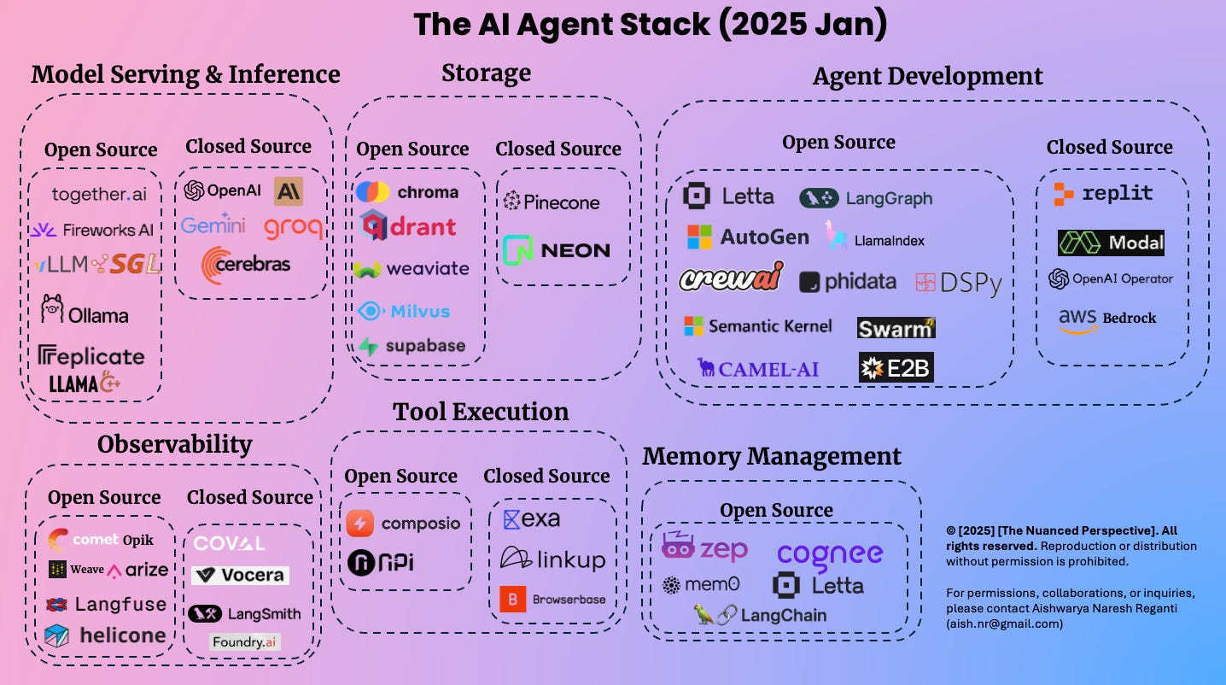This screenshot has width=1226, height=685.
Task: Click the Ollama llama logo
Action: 52,308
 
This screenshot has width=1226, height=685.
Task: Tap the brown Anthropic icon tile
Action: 288,191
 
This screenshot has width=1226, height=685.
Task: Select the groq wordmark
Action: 293,227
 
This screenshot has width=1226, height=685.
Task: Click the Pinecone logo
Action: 551,202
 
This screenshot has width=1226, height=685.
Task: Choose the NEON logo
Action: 556,250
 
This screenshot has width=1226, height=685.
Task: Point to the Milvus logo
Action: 404,311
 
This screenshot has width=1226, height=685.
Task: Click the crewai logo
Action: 731,278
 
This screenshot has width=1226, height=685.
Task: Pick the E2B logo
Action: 896,368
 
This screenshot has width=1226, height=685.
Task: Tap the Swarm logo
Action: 896,328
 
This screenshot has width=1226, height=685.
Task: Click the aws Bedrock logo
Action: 1107,319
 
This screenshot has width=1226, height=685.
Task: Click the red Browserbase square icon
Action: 512,600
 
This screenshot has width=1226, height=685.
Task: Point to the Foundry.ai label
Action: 245,641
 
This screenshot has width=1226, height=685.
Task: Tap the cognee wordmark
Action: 829,554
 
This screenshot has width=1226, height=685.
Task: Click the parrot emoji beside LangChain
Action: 704,615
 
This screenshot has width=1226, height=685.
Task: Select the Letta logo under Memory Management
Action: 817,586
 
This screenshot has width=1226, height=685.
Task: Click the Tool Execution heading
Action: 481,412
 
